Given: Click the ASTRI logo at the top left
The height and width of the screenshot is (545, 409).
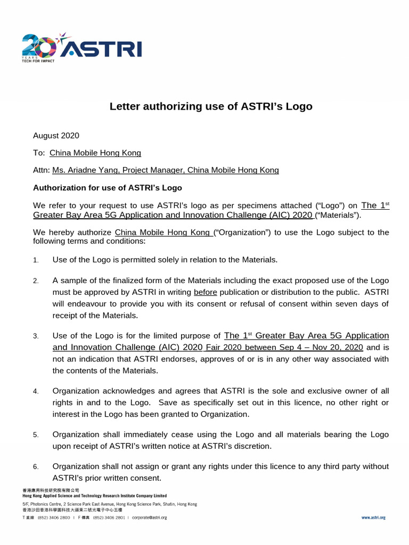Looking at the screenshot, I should [x=81, y=47].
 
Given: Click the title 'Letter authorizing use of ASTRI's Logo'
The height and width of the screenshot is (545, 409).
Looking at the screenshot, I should [x=211, y=106].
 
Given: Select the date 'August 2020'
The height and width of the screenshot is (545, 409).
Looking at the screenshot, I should [x=56, y=136].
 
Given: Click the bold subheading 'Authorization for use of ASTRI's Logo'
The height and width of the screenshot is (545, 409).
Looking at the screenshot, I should [x=108, y=188].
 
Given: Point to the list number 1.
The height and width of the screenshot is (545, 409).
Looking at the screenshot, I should [x=36, y=260].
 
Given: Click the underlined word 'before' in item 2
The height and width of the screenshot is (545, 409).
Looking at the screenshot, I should [x=206, y=292].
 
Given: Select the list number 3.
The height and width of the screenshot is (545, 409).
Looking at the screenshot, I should [x=36, y=336].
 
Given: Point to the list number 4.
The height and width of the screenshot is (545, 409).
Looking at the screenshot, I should [x=36, y=392].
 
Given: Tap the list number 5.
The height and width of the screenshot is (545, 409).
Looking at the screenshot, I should [x=36, y=435].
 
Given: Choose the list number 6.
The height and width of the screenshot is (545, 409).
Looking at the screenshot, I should [x=36, y=467].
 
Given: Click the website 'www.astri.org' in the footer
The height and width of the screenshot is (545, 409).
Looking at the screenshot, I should [x=373, y=517].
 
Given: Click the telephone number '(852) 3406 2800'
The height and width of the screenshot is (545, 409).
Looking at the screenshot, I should [x=53, y=517].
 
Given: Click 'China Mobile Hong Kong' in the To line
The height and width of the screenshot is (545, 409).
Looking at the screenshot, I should [x=95, y=153].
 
